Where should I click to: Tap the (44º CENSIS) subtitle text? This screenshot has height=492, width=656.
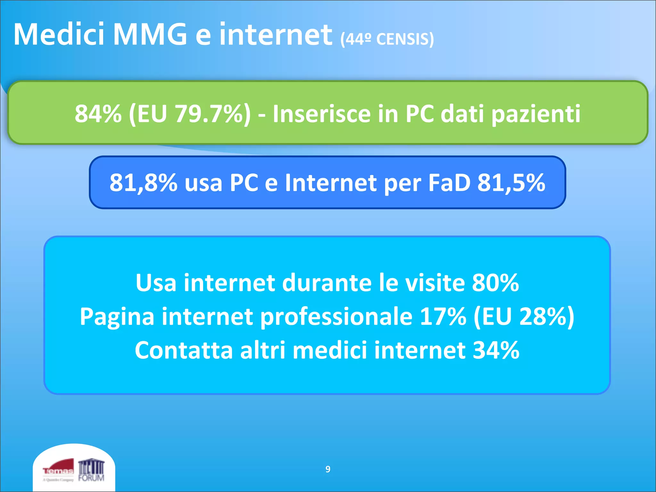pyautogui.click(x=387, y=39)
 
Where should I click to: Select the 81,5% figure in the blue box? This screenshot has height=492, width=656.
pyautogui.click(x=511, y=183)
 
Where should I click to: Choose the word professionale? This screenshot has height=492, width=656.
pyautogui.click(x=336, y=316)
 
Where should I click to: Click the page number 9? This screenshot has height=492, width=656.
pyautogui.click(x=328, y=469)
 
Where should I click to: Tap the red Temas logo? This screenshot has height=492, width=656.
pyautogui.click(x=58, y=470)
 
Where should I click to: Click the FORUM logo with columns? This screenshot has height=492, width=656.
pyautogui.click(x=92, y=470)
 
